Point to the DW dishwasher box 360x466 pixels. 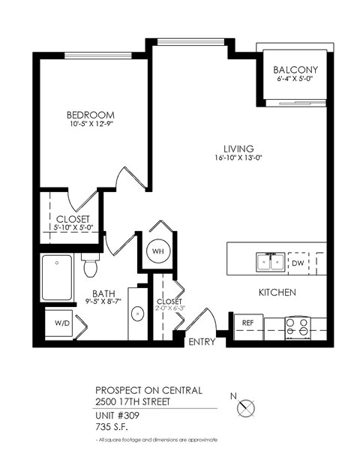click(x=297, y=263)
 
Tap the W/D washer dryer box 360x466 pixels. click(x=59, y=324)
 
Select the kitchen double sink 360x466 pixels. click(x=270, y=262)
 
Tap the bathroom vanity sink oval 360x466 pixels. click(x=137, y=314)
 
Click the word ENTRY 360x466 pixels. click(x=202, y=342)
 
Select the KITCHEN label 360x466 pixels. click(x=277, y=292)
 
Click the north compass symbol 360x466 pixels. click(x=246, y=409)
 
